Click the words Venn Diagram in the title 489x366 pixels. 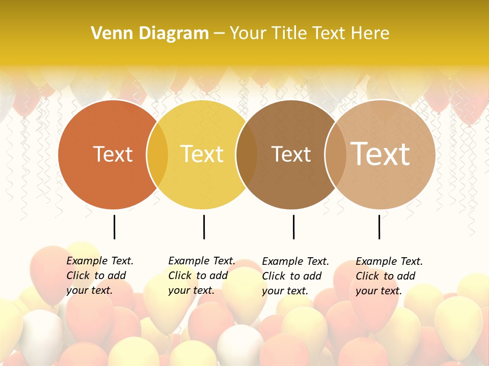(x=150, y=34)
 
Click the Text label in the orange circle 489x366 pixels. (x=113, y=154)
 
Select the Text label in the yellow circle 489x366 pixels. (x=202, y=154)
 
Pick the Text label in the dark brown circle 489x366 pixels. (x=291, y=154)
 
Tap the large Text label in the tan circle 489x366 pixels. (x=380, y=154)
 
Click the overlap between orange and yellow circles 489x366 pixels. (x=157, y=154)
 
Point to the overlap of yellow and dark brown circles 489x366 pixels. (x=247, y=154)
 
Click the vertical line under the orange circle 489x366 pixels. (x=114, y=227)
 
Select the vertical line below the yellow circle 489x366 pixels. (x=204, y=227)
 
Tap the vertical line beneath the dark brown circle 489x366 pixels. (x=293, y=227)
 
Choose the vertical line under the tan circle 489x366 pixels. (x=379, y=227)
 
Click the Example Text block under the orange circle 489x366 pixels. (x=99, y=276)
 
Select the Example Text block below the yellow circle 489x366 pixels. (x=201, y=276)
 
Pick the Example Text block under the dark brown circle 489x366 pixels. (x=295, y=276)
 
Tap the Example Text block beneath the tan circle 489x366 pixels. (x=389, y=276)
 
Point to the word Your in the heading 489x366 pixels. (x=248, y=34)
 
